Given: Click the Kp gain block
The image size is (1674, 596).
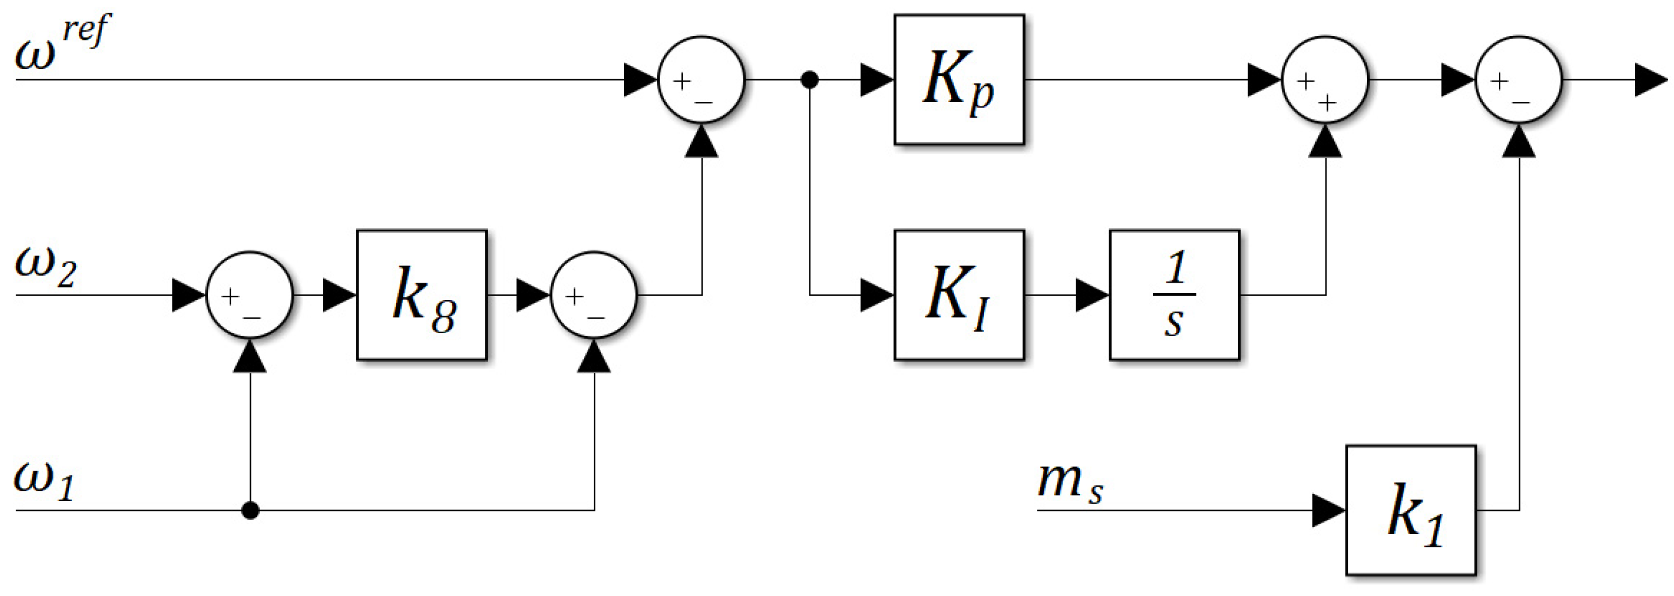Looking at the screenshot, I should pyautogui.click(x=959, y=79).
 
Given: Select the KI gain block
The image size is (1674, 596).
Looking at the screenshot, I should pyautogui.click(x=959, y=295).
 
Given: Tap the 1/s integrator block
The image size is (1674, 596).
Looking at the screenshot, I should pyautogui.click(x=1174, y=295).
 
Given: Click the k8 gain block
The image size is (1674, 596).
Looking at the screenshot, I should pyautogui.click(x=421, y=295).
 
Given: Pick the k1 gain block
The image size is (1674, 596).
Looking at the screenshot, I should pyautogui.click(x=1410, y=510).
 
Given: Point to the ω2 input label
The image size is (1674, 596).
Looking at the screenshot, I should pyautogui.click(x=46, y=268).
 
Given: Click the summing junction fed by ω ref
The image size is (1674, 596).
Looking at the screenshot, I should pyautogui.click(x=701, y=79).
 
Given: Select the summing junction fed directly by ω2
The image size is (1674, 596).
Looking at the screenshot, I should pyautogui.click(x=250, y=295).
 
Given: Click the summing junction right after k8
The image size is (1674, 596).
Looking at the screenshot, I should pyautogui.click(x=594, y=295).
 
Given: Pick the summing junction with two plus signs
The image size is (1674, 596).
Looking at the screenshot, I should pyautogui.click(x=1325, y=79).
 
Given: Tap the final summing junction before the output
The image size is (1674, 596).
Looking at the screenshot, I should pyautogui.click(x=1519, y=79).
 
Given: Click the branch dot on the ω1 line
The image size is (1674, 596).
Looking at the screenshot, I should pyautogui.click(x=250, y=510).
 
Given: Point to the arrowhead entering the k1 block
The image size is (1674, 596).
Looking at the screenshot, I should pyautogui.click(x=1328, y=510).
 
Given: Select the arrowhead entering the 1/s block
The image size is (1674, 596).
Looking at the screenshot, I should pyautogui.click(x=1092, y=295).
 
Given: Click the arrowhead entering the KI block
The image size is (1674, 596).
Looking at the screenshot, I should pyautogui.click(x=877, y=295).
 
